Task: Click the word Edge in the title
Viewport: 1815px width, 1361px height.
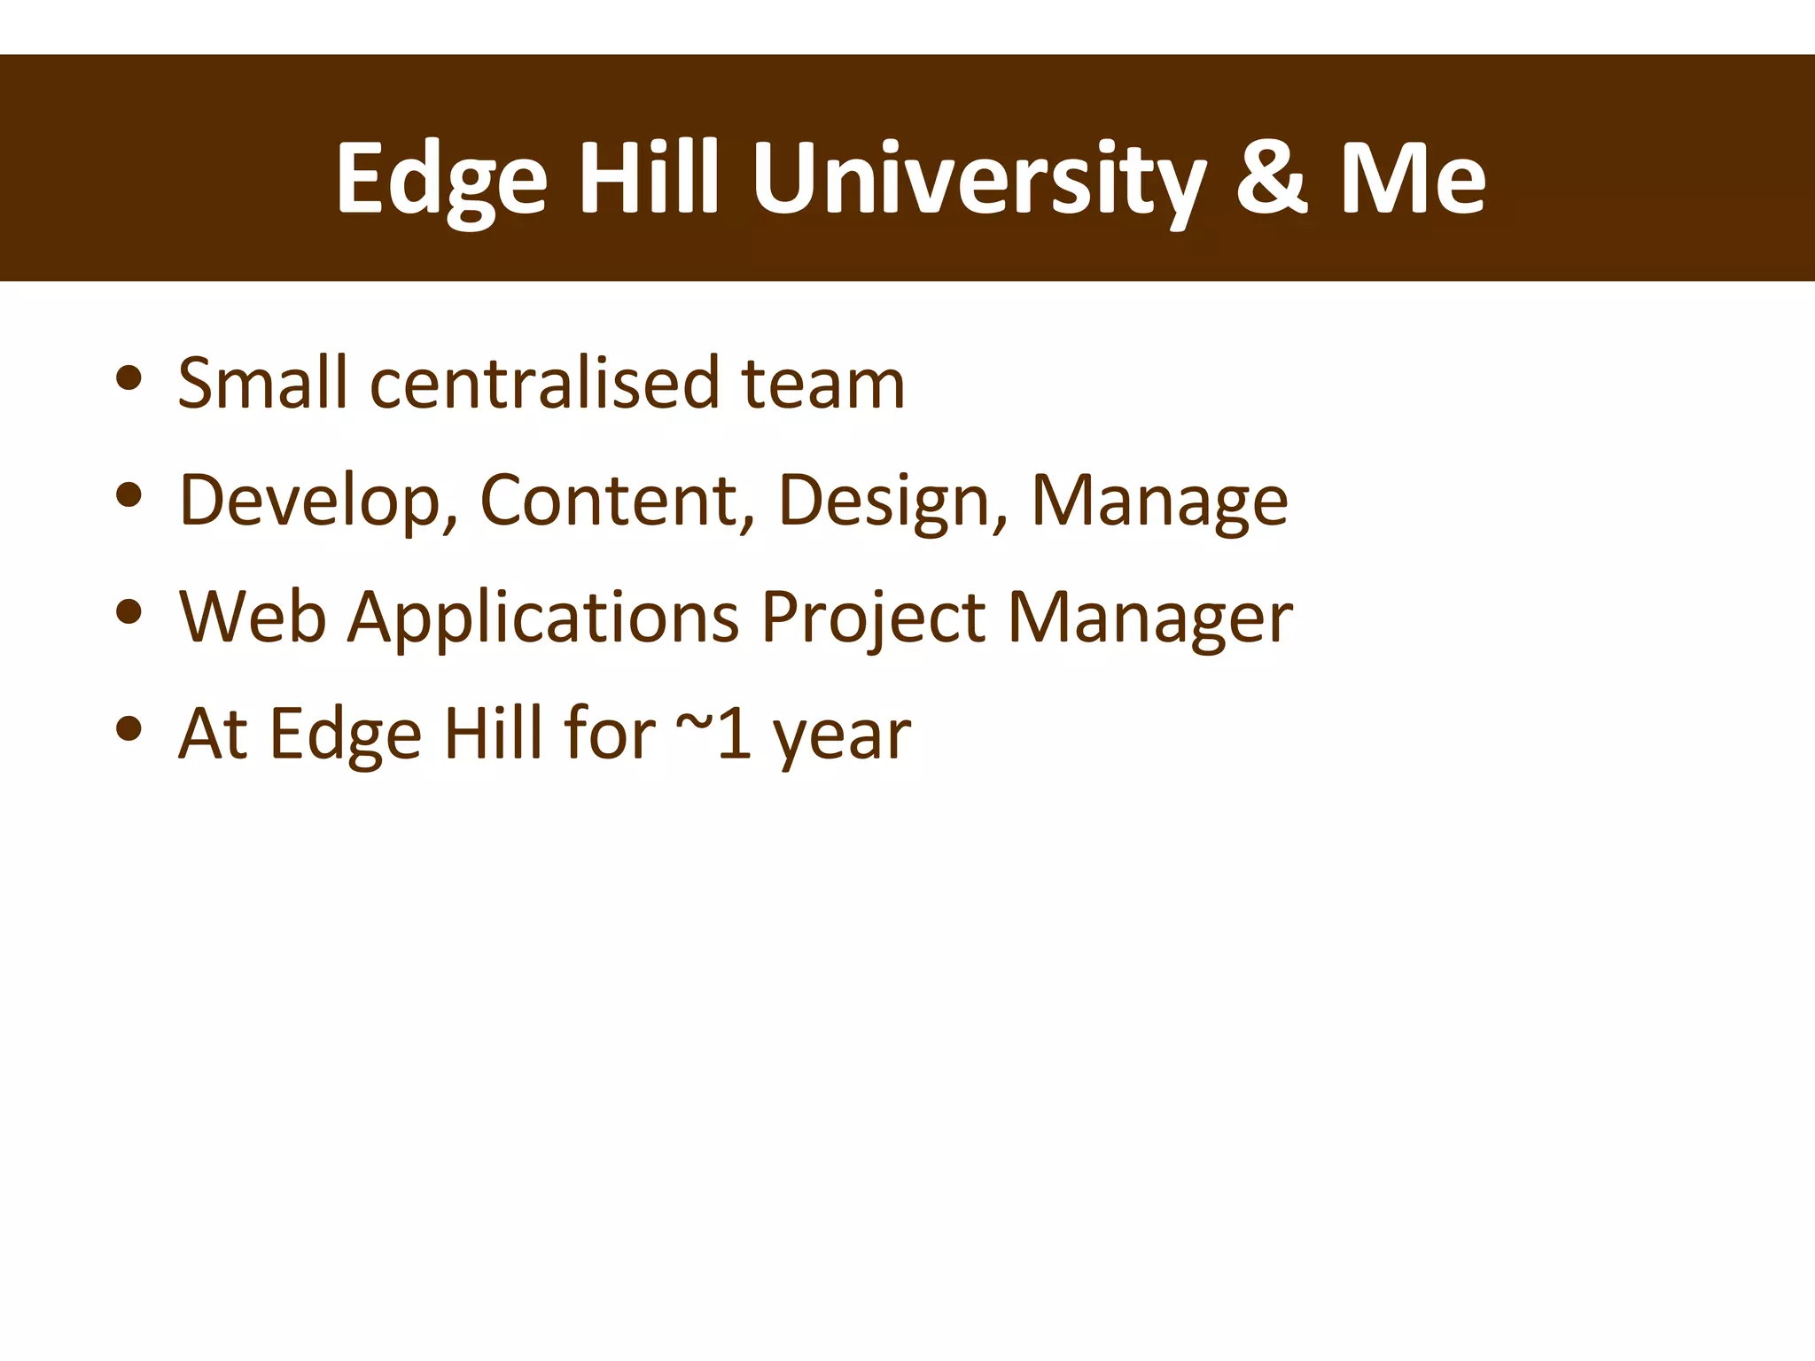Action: (x=440, y=182)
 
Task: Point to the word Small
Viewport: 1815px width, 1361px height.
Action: (x=262, y=383)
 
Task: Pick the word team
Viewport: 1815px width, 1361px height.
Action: (x=823, y=385)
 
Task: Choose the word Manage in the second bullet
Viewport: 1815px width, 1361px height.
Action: (x=1159, y=502)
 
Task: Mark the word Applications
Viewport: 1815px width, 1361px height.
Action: (x=542, y=618)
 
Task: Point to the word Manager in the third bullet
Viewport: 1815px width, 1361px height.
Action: (x=1149, y=618)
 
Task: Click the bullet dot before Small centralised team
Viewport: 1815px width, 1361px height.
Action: (x=129, y=378)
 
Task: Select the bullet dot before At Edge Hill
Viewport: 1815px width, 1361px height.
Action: (x=129, y=728)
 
